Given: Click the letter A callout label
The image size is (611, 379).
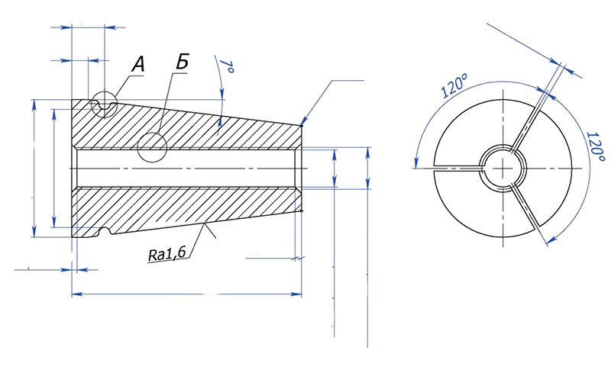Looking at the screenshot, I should point(138,65).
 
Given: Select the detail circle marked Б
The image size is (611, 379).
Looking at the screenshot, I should point(153,147).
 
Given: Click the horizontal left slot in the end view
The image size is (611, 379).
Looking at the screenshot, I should point(456,167).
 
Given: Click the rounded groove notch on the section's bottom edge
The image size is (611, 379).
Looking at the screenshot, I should point(105,231).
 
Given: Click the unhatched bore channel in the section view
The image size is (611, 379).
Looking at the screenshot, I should point(191,167).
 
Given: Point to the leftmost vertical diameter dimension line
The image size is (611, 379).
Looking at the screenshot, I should point(34,168).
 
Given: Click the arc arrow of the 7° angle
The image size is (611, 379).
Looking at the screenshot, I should point(223,92).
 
